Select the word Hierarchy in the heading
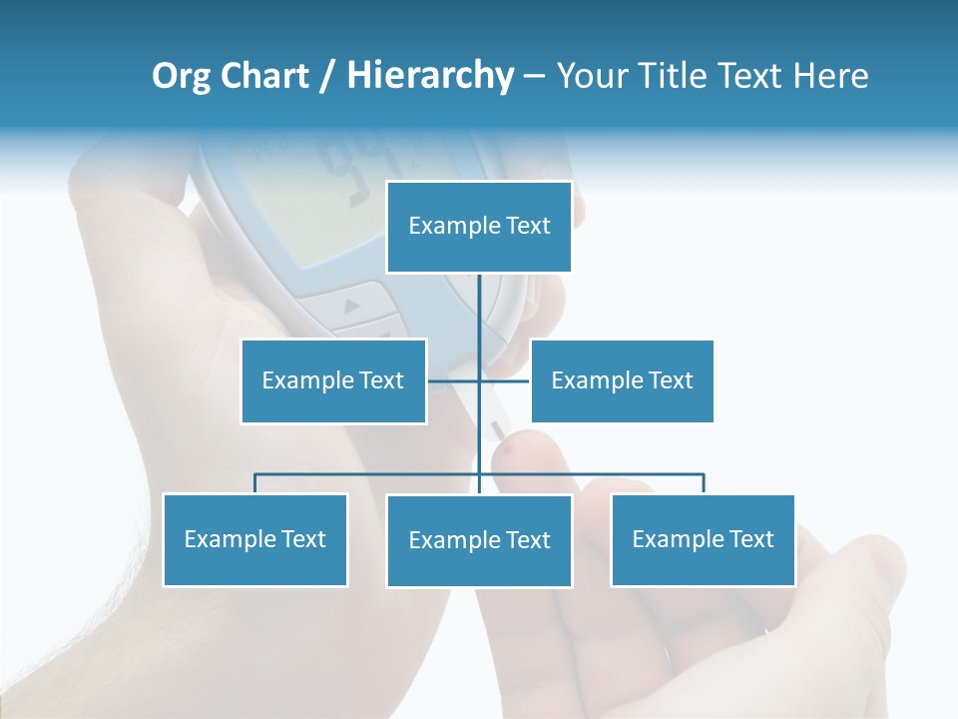[430, 76]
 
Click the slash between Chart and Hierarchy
[327, 77]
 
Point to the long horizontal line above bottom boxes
[369, 474]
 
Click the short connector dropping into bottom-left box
[254, 484]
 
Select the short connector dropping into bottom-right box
[703, 484]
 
